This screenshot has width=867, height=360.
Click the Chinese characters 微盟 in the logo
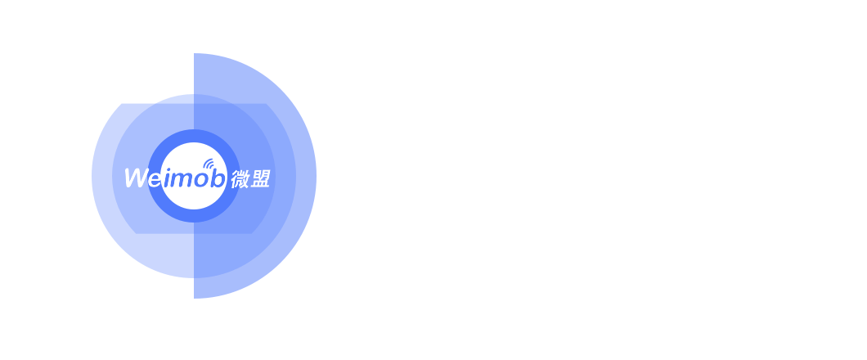coord(250,178)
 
